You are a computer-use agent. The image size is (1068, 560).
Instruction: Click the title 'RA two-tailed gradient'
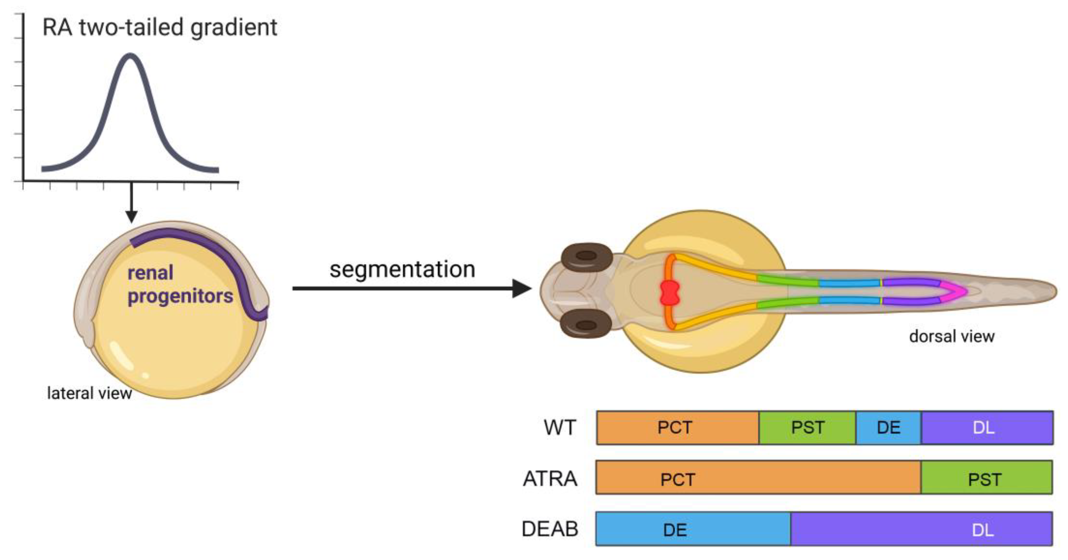click(x=160, y=28)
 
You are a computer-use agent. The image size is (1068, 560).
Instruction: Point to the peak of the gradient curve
click(x=131, y=55)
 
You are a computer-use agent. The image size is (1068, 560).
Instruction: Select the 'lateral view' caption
click(x=89, y=393)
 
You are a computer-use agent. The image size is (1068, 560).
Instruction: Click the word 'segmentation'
click(x=402, y=270)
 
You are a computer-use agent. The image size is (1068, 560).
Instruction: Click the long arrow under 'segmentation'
click(x=410, y=288)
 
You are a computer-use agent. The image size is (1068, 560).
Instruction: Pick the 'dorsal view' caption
click(x=952, y=336)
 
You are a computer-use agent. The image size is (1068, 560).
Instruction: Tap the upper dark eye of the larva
click(x=586, y=257)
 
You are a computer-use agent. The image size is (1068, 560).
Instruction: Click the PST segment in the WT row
click(x=807, y=427)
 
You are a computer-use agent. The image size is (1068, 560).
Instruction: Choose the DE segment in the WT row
click(x=888, y=427)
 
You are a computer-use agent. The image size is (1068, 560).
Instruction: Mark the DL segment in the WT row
click(x=987, y=427)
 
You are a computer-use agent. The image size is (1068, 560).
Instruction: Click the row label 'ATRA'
click(x=550, y=479)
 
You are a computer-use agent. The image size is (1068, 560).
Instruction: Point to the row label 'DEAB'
click(x=550, y=529)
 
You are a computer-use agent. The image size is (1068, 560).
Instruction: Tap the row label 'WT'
click(x=560, y=427)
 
